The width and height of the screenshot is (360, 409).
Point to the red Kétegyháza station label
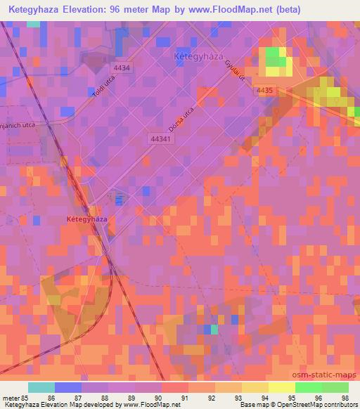click(86, 219)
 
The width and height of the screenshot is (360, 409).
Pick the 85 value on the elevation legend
click(30, 397)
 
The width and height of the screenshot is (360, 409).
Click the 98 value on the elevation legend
click(345, 397)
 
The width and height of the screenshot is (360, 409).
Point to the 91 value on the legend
click(185, 397)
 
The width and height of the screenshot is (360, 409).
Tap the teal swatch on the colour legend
click(41, 387)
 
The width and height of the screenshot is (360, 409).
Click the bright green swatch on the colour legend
click(308, 387)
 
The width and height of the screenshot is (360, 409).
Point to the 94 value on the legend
click(265, 397)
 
